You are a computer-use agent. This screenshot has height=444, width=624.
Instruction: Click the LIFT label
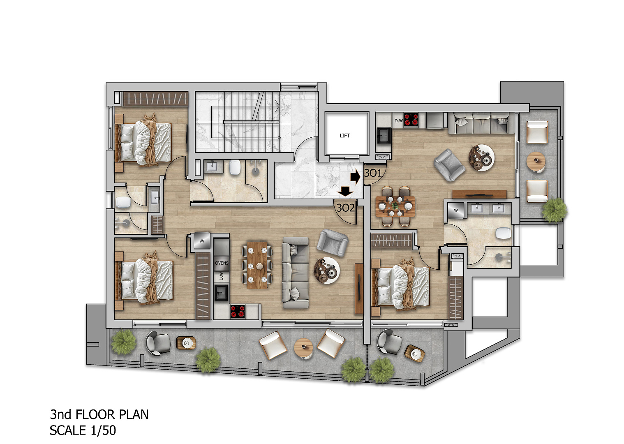click(344, 136)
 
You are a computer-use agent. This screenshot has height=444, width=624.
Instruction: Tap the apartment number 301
click(373, 173)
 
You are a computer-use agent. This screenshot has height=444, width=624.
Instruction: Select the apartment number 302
click(345, 208)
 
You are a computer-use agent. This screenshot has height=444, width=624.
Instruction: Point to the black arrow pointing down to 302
click(345, 191)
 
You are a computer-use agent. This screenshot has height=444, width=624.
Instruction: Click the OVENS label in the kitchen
click(222, 263)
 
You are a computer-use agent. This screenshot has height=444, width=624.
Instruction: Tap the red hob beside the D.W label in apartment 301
click(411, 120)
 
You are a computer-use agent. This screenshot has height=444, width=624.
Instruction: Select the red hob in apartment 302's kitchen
click(238, 311)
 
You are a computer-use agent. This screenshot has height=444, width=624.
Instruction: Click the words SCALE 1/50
click(83, 430)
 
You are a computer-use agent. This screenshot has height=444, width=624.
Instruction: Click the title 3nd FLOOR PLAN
click(99, 414)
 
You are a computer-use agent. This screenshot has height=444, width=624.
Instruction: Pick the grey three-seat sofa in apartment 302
click(296, 273)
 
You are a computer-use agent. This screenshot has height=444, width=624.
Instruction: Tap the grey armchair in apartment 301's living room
click(449, 165)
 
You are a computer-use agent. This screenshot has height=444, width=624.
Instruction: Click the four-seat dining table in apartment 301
click(395, 206)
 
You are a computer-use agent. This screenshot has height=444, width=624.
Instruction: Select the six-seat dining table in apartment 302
click(257, 265)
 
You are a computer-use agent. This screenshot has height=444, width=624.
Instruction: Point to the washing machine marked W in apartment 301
click(456, 210)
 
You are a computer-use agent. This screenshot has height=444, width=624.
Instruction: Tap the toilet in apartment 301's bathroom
click(503, 233)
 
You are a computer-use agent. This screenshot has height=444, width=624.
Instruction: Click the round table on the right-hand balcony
click(535, 161)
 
